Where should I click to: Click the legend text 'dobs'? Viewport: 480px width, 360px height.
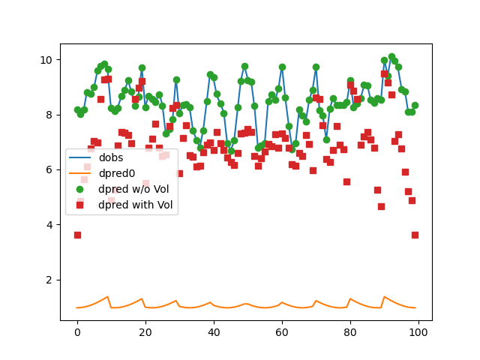(x=111, y=158)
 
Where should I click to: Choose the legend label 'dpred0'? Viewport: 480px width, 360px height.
(x=116, y=173)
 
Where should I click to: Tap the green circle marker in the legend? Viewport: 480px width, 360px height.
(x=80, y=188)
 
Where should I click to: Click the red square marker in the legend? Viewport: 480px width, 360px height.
(x=80, y=204)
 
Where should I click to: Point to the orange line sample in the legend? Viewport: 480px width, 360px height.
(x=80, y=173)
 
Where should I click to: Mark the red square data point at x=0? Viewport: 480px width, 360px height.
(x=77, y=235)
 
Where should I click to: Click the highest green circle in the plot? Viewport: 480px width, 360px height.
(x=391, y=57)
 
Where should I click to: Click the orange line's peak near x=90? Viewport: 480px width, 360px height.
(x=385, y=297)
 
